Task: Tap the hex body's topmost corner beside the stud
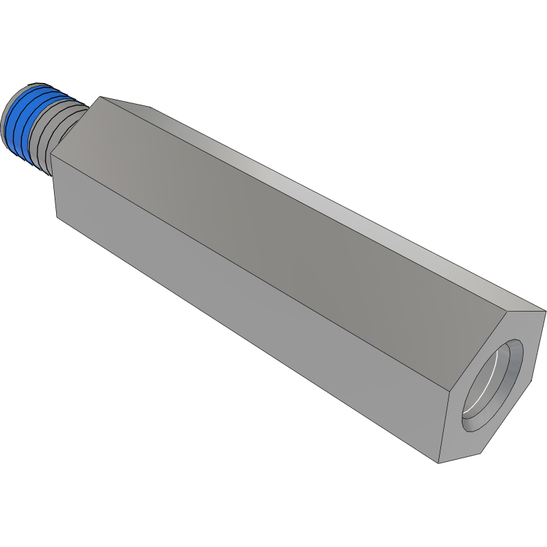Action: pos(100,97)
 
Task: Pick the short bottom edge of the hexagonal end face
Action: pos(460,458)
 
